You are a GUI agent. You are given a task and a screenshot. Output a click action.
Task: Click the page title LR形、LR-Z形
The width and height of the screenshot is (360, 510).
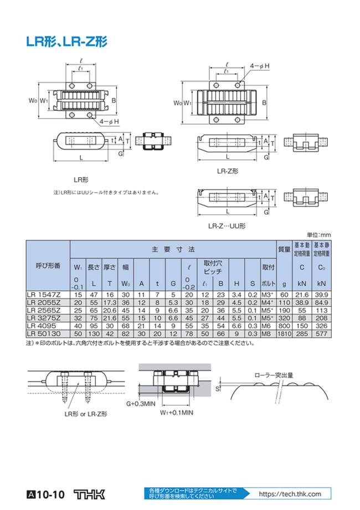tap(66, 41)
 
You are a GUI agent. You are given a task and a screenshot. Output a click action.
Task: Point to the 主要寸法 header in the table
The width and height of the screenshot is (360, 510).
tap(173, 250)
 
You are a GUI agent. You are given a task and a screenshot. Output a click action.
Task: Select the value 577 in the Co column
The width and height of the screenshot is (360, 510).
tap(321, 335)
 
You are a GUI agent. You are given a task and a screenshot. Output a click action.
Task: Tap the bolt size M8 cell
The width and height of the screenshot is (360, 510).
tap(268, 335)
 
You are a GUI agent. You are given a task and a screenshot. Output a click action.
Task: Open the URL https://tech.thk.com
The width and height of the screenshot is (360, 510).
tap(290, 494)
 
